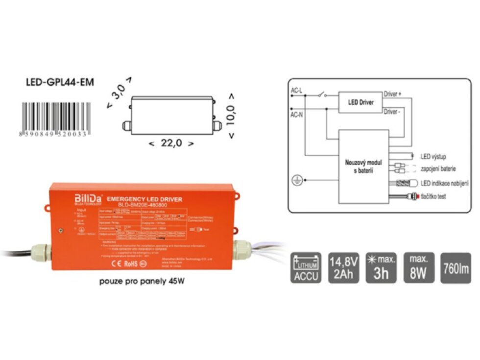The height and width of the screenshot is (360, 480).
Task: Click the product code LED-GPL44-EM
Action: coord(59,82)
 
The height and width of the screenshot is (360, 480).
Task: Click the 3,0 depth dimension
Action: coord(119,92)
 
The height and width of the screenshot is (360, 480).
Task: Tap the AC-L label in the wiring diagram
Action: coord(297,91)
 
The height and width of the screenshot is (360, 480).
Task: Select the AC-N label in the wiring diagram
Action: coord(297,114)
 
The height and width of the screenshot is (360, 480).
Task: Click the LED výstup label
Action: coord(433,157)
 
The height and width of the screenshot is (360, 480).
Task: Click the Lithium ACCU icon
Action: coord(306,268)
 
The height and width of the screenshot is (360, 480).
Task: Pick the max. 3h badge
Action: coord(381,268)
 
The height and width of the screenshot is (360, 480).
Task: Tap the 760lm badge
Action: coord(456,268)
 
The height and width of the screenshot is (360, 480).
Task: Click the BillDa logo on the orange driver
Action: coord(88,198)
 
